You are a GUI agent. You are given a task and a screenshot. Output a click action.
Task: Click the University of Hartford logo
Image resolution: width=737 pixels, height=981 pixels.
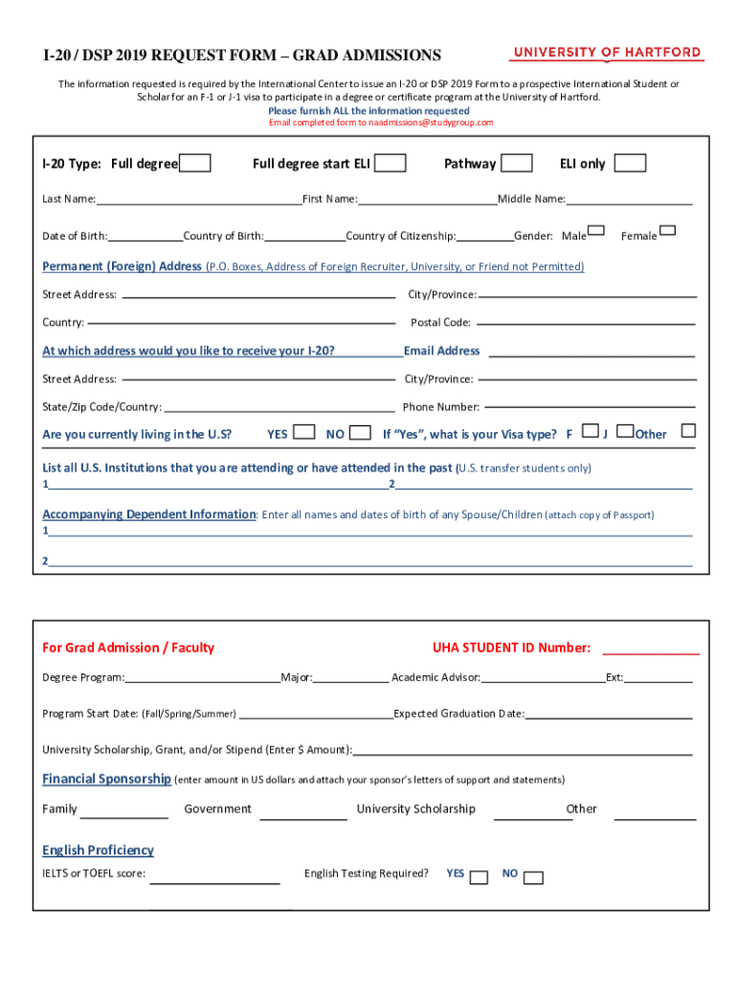[607, 54]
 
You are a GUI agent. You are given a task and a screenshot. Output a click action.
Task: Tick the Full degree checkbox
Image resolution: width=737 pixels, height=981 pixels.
[195, 164]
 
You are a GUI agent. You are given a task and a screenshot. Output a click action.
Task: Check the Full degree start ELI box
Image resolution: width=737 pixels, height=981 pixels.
[390, 164]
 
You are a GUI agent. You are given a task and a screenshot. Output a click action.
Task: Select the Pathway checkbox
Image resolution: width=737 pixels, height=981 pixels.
[517, 164]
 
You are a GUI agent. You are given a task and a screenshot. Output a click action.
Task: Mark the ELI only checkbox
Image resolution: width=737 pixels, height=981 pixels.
[630, 164]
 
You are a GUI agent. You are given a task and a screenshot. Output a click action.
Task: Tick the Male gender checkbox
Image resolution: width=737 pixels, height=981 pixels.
[596, 231]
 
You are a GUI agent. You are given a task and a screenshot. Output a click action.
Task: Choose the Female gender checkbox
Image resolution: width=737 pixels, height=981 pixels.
[668, 231]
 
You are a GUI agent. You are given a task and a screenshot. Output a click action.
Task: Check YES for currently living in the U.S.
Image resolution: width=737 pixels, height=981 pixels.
[304, 432]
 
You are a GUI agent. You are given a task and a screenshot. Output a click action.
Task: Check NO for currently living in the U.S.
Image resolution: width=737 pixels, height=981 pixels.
[361, 432]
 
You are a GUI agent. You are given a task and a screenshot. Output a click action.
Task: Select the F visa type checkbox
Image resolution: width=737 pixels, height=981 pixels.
[591, 431]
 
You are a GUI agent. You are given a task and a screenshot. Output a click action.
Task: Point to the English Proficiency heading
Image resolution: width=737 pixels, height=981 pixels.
[98, 851]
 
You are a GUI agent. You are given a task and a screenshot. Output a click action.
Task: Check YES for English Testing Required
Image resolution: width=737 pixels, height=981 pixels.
[480, 878]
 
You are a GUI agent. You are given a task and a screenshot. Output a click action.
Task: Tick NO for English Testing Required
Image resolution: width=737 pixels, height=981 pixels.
[534, 878]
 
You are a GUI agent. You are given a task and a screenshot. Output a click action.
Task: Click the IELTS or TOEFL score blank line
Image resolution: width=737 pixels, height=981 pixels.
[215, 879]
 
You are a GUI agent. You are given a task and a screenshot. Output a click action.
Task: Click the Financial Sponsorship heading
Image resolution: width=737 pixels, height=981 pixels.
[106, 779]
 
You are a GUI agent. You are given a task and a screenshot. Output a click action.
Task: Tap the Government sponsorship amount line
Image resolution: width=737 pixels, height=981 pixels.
[303, 816]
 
